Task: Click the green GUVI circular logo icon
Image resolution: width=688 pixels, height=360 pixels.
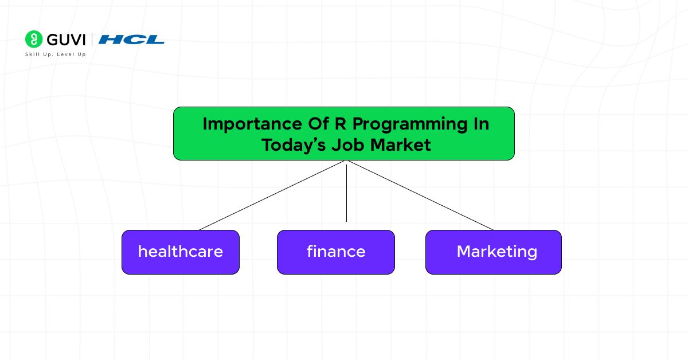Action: (x=34, y=39)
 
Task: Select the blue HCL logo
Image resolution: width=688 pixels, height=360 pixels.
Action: (x=131, y=40)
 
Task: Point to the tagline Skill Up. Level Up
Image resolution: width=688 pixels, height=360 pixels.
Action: (x=55, y=54)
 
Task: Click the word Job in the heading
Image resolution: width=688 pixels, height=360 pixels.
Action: (x=349, y=145)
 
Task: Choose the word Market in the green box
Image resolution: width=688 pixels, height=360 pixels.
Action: (x=401, y=144)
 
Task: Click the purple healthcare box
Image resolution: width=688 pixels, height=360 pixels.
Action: (x=180, y=252)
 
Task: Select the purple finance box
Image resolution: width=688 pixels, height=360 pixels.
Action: (x=336, y=252)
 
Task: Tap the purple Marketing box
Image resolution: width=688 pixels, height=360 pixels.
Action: (x=493, y=252)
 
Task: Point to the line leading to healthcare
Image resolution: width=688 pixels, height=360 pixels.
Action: (x=272, y=195)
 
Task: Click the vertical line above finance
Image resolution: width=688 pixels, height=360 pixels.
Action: (x=346, y=192)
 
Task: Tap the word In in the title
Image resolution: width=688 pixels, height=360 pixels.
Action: (x=480, y=124)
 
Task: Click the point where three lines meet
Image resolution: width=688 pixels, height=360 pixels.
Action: (x=346, y=161)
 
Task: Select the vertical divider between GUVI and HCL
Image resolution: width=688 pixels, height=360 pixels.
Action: (x=92, y=40)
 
